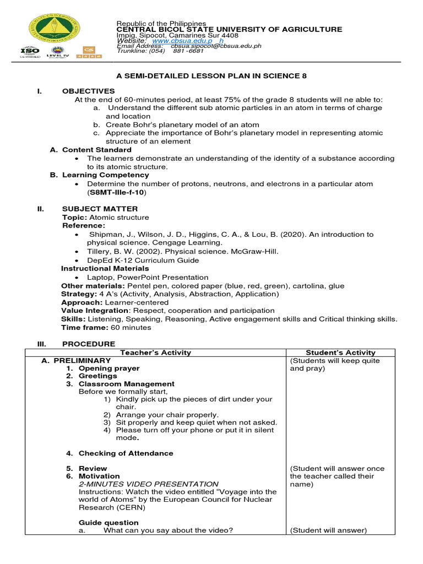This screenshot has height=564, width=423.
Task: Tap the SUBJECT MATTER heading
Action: [100, 209]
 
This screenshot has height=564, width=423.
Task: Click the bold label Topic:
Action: [74, 218]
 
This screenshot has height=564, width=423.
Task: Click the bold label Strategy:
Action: [79, 294]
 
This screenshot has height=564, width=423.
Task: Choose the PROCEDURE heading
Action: [89, 344]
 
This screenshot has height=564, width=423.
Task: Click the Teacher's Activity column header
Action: [155, 352]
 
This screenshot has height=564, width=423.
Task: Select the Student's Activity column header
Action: [340, 352]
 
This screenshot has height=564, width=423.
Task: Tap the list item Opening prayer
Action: [109, 368]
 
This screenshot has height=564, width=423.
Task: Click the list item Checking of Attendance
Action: [126, 453]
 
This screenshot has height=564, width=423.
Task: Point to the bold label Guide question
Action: [109, 523]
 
